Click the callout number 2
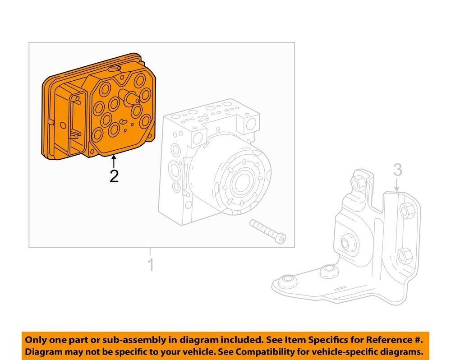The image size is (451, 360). point(114,175)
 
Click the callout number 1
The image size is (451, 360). point(151,265)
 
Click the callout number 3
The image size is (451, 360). point(397,170)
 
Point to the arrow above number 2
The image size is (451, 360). point(114,161)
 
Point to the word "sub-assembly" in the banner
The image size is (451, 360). point(123,340)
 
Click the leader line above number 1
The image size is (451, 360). point(151,253)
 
